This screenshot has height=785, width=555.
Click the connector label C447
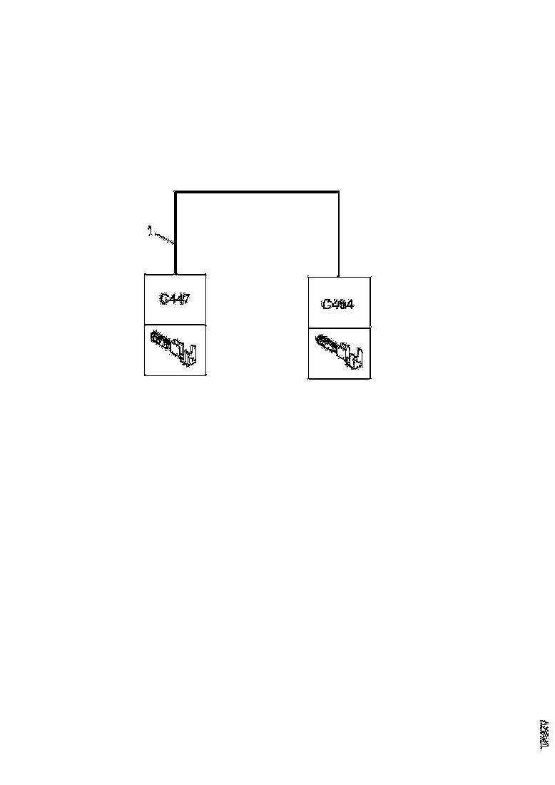pyautogui.click(x=175, y=299)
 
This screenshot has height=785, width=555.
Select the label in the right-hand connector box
pyautogui.click(x=339, y=304)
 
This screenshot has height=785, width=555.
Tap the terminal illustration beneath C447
pyautogui.click(x=175, y=348)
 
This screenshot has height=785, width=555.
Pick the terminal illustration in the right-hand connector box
pyautogui.click(x=340, y=352)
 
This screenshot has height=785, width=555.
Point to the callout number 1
pyautogui.click(x=149, y=230)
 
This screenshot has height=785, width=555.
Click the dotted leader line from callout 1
pyautogui.click(x=164, y=238)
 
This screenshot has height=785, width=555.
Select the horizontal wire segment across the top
pyautogui.click(x=257, y=191)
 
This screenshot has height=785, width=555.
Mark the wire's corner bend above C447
pyautogui.click(x=175, y=192)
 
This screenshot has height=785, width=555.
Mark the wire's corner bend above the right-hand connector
pyautogui.click(x=338, y=192)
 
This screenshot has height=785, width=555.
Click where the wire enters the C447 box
pyautogui.click(x=175, y=273)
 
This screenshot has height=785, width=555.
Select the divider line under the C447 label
pyautogui.click(x=175, y=323)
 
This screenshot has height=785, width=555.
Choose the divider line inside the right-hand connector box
pyautogui.click(x=339, y=329)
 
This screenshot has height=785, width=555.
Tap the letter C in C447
pyautogui.click(x=164, y=299)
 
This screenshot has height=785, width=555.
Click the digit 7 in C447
pyautogui.click(x=185, y=299)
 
